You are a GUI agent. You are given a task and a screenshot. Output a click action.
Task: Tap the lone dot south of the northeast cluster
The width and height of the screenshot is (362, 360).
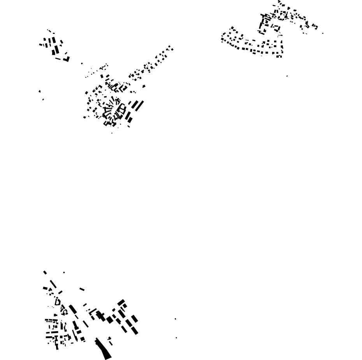point(287,76)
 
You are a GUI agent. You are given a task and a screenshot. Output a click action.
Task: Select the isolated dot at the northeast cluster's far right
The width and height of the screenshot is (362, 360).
point(323,33)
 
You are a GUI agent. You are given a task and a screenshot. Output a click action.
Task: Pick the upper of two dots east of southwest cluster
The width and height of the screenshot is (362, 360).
point(175,319)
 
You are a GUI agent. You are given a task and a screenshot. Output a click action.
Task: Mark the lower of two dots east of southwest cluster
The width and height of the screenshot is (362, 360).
point(176,338)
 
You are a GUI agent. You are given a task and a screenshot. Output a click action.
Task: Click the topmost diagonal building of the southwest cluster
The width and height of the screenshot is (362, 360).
point(45,272)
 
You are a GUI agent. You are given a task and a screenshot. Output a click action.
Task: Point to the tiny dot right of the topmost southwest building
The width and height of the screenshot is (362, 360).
point(64,272)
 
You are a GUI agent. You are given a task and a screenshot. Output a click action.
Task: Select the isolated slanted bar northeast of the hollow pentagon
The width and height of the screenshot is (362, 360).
point(82,289)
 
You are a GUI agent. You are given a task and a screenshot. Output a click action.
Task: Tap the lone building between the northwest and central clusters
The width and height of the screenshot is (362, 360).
point(82,64)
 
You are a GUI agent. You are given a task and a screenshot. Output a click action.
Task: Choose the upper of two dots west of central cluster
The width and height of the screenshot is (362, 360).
point(40,91)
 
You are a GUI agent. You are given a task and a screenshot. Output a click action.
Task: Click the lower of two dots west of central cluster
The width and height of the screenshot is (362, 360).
point(43,99)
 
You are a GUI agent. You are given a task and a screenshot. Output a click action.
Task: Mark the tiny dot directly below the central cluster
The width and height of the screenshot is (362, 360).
point(112,133)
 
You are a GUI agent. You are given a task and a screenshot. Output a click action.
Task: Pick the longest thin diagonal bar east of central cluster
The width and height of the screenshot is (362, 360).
point(139,106)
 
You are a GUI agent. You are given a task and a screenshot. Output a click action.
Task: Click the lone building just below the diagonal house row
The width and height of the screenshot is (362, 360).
point(144,86)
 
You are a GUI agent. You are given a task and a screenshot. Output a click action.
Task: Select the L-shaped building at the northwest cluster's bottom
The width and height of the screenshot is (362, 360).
point(67,60)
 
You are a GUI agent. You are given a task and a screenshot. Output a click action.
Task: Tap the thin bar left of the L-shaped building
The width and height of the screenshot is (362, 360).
point(58,59)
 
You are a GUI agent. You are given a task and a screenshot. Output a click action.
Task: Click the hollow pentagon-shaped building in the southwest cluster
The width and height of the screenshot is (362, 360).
point(58,302)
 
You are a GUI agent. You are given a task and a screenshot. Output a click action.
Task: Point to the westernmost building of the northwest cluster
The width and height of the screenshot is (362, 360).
point(40,44)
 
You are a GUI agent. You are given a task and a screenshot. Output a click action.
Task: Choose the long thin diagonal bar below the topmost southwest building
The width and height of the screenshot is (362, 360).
point(53,284)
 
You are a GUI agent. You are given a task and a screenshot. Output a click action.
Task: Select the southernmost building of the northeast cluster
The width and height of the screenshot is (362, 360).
point(279,56)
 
